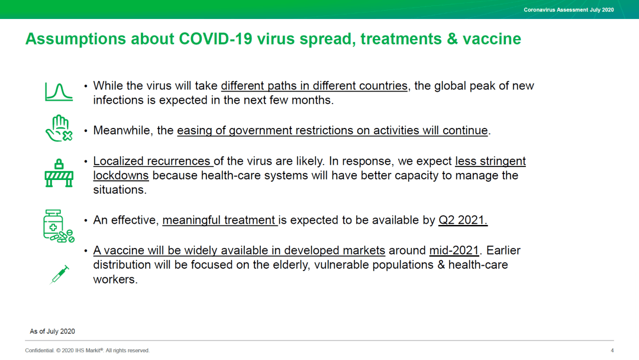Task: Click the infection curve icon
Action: tap(59, 92)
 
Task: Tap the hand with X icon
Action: tap(59, 128)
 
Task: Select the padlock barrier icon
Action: tap(59, 173)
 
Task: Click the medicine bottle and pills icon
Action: tap(59, 226)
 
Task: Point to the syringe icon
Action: tap(60, 274)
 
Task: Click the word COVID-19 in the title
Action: tap(215, 39)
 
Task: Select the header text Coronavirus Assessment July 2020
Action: tap(569, 10)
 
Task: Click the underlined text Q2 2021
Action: tap(463, 220)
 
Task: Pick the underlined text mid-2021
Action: tap(454, 250)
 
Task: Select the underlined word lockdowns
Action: tap(121, 175)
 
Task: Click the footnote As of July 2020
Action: tap(52, 332)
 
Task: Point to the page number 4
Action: tap(612, 351)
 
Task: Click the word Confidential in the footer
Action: tap(39, 351)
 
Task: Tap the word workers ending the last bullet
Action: tap(115, 279)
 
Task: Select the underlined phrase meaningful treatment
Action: tap(219, 220)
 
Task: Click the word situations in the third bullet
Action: tap(120, 189)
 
